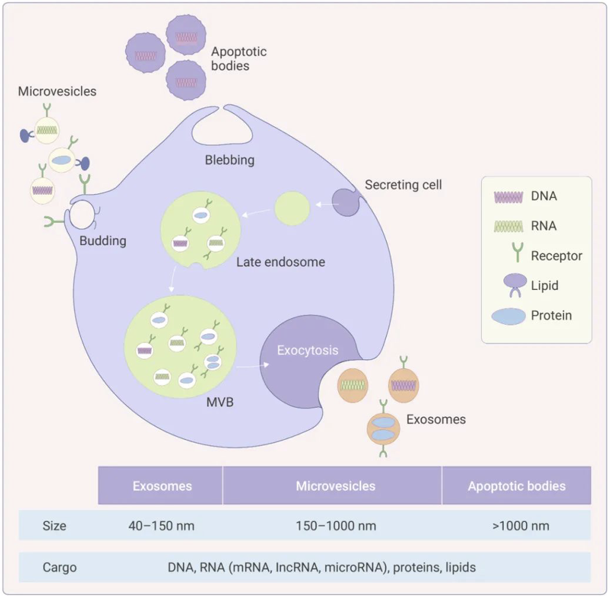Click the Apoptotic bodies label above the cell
pyautogui.click(x=239, y=58)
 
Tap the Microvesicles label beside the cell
pyautogui.click(x=57, y=91)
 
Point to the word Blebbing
pyautogui.click(x=229, y=160)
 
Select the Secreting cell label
pyautogui.click(x=404, y=185)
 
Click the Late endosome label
pyautogui.click(x=280, y=262)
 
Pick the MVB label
pyautogui.click(x=220, y=402)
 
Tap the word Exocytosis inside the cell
pyautogui.click(x=308, y=350)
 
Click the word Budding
pyautogui.click(x=103, y=241)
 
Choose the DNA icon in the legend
pyautogui.click(x=508, y=197)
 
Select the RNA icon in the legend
pyautogui.click(x=508, y=226)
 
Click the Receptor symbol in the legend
pyautogui.click(x=518, y=252)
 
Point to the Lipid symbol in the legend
pyautogui.click(x=515, y=285)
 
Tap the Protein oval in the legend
pyautogui.click(x=508, y=316)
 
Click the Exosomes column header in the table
pyautogui.click(x=162, y=486)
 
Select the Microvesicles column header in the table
pyautogui.click(x=336, y=486)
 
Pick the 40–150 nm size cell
pyautogui.click(x=161, y=526)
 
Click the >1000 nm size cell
pyautogui.click(x=521, y=526)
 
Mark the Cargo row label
pyautogui.click(x=60, y=567)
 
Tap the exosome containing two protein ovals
pyautogui.click(x=384, y=428)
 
